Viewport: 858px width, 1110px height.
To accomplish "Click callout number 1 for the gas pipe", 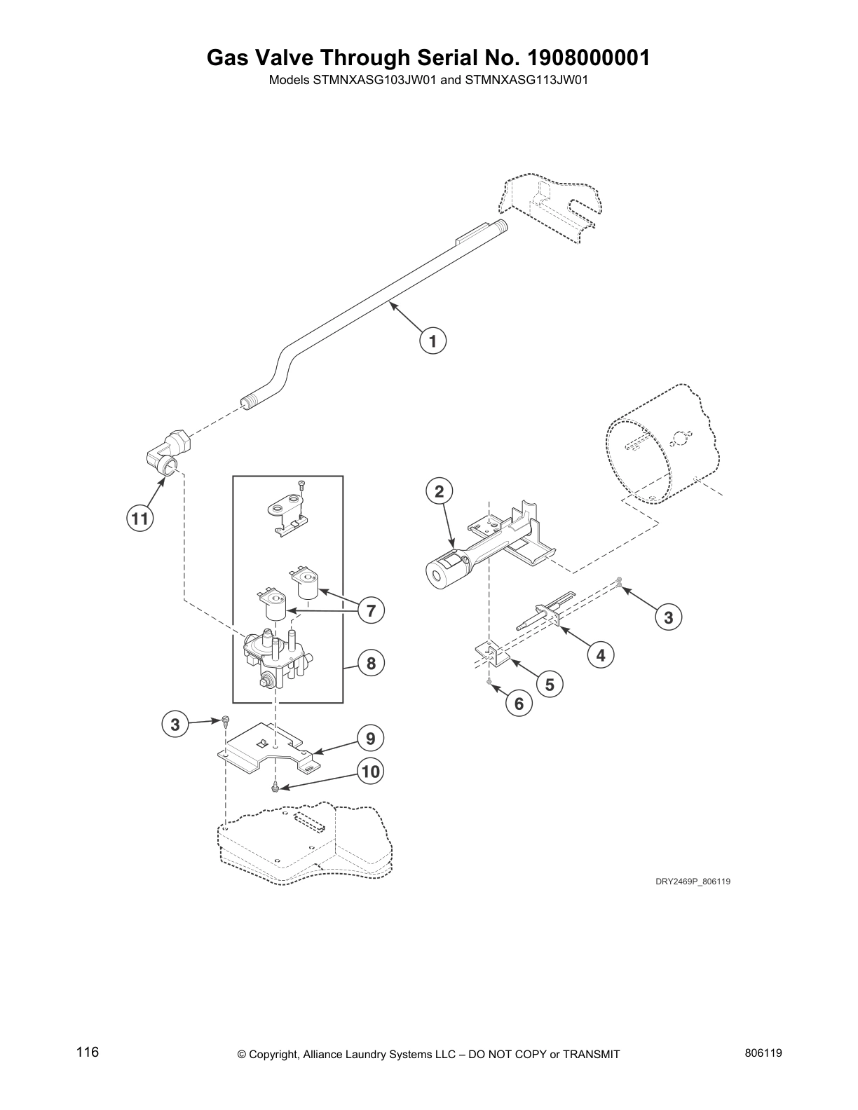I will point(433,341).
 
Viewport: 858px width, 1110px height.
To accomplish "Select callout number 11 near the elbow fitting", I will point(139,519).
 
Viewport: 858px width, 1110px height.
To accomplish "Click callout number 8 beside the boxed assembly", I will point(370,662).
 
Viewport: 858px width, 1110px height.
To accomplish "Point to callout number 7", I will point(370,610).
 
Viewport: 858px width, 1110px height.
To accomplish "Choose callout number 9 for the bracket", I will point(370,738).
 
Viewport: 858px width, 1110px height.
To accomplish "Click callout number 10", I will point(370,772).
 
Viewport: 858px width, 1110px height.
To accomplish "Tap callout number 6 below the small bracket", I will point(519,703).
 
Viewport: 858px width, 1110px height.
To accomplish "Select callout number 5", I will point(550,684).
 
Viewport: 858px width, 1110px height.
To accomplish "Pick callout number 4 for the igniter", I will point(601,655).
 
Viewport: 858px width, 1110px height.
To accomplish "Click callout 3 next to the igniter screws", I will point(668,617).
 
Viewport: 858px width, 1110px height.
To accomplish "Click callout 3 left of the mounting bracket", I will point(175,724).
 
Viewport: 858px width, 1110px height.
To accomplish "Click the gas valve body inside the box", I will point(277,655).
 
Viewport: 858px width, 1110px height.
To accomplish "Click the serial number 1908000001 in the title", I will point(587,57).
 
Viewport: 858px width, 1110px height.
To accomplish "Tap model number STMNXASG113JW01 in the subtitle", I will point(526,80).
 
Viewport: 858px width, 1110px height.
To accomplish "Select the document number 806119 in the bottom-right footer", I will point(764,1053).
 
